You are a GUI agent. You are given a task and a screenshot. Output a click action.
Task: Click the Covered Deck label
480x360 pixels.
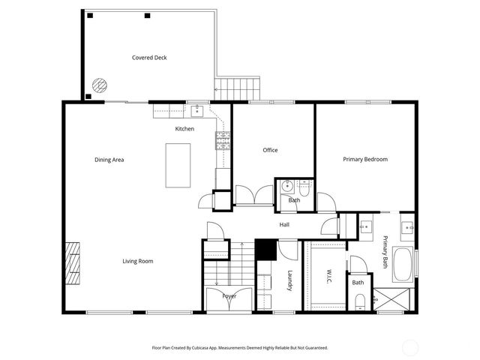click(x=148, y=58)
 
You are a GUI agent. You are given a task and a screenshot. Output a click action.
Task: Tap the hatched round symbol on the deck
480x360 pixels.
click(x=98, y=85)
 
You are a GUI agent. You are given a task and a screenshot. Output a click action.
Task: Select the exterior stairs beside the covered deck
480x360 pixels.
click(x=238, y=88)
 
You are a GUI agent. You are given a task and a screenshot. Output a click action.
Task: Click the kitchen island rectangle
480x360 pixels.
click(x=178, y=165)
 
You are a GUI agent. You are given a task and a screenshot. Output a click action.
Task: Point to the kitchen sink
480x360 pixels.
click(x=197, y=112)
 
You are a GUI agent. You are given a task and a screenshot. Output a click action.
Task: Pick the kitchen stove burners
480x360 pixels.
click(x=223, y=139)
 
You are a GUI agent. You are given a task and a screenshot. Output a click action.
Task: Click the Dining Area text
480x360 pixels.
click(x=109, y=160)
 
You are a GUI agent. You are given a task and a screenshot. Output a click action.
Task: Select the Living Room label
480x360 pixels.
click(x=138, y=261)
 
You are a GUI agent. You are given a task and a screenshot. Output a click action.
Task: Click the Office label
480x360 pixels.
click(x=270, y=150)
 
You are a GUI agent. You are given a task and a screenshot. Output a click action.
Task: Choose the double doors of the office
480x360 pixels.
click(x=253, y=195)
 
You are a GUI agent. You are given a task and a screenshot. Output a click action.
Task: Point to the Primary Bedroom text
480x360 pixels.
click(x=365, y=159)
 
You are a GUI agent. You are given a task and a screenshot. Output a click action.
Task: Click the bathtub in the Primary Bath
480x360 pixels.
click(x=403, y=264)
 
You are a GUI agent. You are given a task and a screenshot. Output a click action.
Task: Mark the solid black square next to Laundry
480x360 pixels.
click(x=265, y=249)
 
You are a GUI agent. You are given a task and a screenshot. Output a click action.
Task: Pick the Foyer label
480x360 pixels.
click(x=229, y=296)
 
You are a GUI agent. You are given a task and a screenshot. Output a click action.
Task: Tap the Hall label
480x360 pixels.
click(x=285, y=224)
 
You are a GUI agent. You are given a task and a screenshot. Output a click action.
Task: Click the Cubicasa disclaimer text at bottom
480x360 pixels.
click(x=240, y=348)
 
